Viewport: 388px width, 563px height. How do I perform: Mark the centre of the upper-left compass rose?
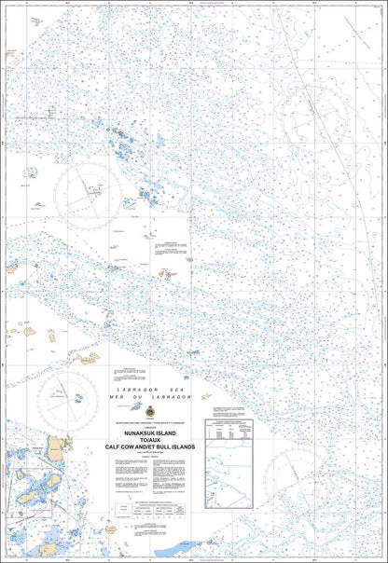(90, 190)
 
